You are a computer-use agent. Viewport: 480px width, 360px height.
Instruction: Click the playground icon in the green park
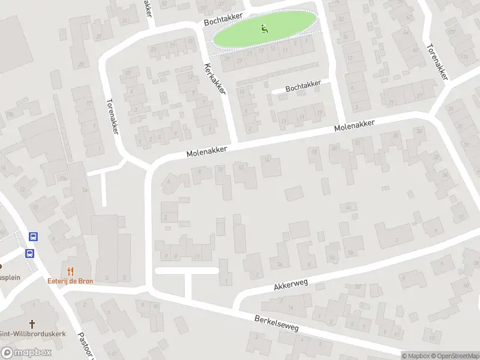[265, 28]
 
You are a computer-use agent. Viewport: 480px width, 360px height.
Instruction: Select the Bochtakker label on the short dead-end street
[304, 87]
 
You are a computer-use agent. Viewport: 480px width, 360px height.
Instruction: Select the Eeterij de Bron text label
[71, 281]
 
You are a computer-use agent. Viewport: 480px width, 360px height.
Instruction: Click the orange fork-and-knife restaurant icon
[71, 271]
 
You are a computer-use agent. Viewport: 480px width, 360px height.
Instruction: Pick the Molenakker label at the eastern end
[354, 126]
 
